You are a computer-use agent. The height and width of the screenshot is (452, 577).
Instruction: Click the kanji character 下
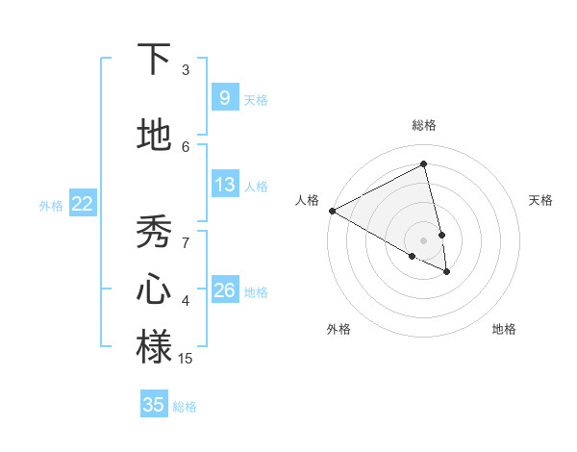coord(154,59)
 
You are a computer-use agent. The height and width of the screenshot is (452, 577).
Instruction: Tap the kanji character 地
coord(154,136)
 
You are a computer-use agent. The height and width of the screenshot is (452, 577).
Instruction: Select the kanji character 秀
coord(154,232)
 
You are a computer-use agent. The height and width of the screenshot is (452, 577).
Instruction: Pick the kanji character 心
coord(154,289)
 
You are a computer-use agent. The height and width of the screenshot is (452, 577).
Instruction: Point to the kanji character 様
coord(154,347)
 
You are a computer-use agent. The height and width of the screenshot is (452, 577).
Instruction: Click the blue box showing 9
coord(224,97)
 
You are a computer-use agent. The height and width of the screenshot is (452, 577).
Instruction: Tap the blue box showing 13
coord(224,185)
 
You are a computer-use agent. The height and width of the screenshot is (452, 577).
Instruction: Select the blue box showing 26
coord(224,290)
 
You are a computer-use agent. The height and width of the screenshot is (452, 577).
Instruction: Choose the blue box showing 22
coord(82,204)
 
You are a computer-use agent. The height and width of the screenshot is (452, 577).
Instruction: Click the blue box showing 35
coord(154,405)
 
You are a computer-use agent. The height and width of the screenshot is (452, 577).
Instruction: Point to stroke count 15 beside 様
coord(186,359)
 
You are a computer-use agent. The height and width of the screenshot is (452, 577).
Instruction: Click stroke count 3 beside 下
coord(186,70)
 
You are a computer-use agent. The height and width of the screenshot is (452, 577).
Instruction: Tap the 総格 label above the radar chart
coord(424,125)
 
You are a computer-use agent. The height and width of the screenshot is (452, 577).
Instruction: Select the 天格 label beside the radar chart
coord(541,200)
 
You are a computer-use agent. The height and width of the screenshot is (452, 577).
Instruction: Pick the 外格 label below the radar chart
coord(339,329)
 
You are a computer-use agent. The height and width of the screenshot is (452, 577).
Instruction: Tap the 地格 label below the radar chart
coord(504,329)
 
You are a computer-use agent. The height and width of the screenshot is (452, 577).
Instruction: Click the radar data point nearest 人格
coord(332,211)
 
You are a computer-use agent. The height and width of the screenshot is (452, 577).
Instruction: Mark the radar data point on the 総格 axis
coord(424,164)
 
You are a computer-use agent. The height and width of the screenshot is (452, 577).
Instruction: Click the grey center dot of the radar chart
coord(424,239)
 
